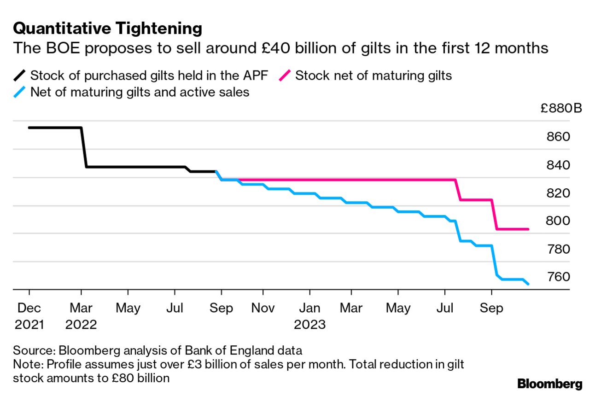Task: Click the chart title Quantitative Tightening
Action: (x=107, y=29)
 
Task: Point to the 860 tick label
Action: (x=557, y=137)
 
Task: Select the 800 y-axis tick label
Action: (x=557, y=221)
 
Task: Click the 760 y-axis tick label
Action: (x=557, y=277)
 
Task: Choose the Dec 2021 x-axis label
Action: (x=29, y=316)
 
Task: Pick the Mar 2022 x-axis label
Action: (x=81, y=316)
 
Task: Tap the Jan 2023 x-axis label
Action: (x=310, y=316)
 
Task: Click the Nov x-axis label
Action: (x=263, y=308)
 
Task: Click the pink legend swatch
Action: (x=285, y=75)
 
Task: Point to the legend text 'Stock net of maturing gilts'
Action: (x=373, y=75)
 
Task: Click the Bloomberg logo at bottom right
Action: (x=549, y=384)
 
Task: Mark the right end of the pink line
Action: (x=528, y=229)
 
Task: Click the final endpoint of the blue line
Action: (x=528, y=284)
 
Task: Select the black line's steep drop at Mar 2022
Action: (x=84, y=147)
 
